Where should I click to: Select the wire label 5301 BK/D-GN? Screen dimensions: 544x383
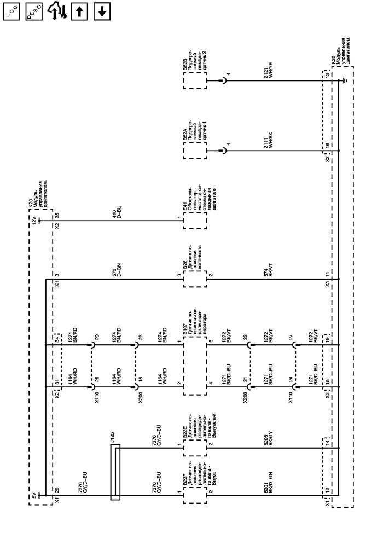click(267, 494)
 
